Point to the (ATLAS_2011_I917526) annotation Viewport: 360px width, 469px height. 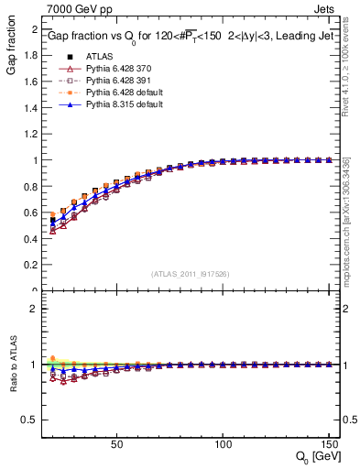[190, 274]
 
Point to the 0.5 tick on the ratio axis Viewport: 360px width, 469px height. [31, 420]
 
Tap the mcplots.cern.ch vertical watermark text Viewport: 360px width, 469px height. [350, 211]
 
